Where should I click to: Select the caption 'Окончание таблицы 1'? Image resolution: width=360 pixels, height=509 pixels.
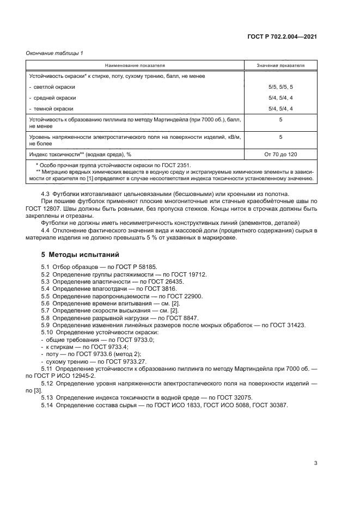(54, 52)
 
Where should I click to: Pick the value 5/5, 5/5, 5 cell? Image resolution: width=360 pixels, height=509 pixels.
(280, 87)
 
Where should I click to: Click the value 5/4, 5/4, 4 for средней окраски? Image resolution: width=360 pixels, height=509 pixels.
(280, 98)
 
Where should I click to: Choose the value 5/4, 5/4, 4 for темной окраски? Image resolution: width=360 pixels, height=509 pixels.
(280, 109)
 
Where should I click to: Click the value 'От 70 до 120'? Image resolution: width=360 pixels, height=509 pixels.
(280, 154)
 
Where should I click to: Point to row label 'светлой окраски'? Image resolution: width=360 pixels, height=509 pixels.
(54, 87)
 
